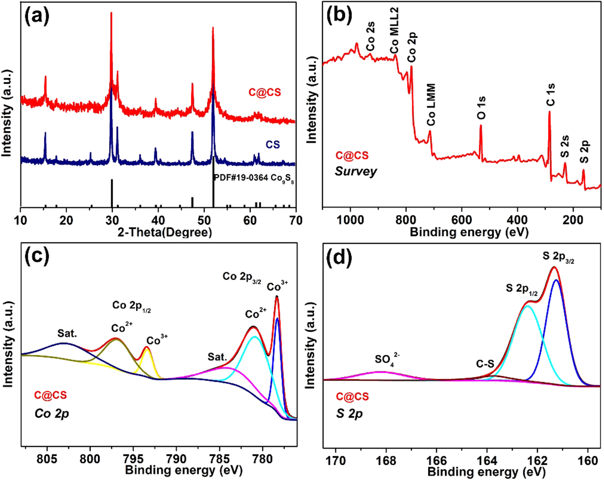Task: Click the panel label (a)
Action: coord(36,17)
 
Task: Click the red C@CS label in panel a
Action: coord(264,92)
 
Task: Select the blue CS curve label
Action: coord(273,145)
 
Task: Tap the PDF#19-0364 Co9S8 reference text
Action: coord(254,178)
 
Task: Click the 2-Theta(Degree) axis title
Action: coord(165,232)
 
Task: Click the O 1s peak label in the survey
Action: coord(481,108)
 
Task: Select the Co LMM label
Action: coord(431,105)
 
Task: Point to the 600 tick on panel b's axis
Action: coord(462,220)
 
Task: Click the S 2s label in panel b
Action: coord(565,146)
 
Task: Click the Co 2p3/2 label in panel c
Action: coord(242,277)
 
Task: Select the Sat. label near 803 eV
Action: coord(67,333)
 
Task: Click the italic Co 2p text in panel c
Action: coord(52,413)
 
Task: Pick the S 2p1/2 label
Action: coord(521,289)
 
